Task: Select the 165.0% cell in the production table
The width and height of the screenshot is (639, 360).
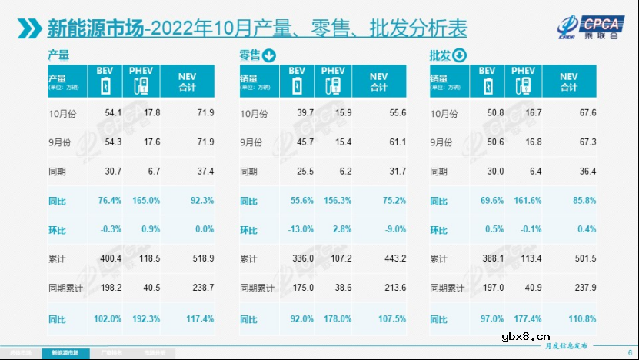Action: (145, 202)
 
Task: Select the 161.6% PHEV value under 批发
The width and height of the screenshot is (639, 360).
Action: (525, 202)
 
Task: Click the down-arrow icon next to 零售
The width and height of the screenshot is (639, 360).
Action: (269, 55)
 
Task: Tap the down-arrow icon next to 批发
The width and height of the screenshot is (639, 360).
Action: (459, 55)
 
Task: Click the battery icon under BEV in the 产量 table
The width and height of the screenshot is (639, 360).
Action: (105, 85)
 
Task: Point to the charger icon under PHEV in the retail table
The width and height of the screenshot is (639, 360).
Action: (332, 85)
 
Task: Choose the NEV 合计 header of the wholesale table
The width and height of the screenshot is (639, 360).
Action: (568, 82)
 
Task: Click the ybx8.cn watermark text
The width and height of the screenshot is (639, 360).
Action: (526, 336)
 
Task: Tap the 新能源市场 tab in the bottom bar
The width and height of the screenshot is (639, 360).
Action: (65, 353)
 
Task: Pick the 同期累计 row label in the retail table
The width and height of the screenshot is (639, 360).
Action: (258, 289)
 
